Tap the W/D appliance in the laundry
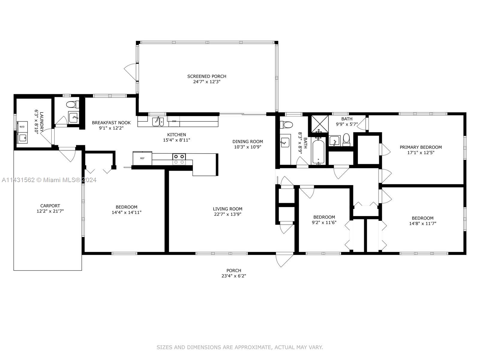22,127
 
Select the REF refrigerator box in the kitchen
142,158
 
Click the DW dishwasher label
174,121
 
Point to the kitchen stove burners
179,159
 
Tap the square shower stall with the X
320,124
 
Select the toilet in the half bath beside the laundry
73,104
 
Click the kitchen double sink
158,121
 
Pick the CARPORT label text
50,206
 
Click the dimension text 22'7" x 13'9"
228,214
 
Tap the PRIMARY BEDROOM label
421,147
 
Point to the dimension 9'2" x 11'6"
324,223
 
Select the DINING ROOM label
247,141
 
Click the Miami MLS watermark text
49,180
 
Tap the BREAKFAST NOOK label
111,123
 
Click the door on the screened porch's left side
130,72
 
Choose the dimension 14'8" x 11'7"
423,223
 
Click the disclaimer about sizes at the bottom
240,347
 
